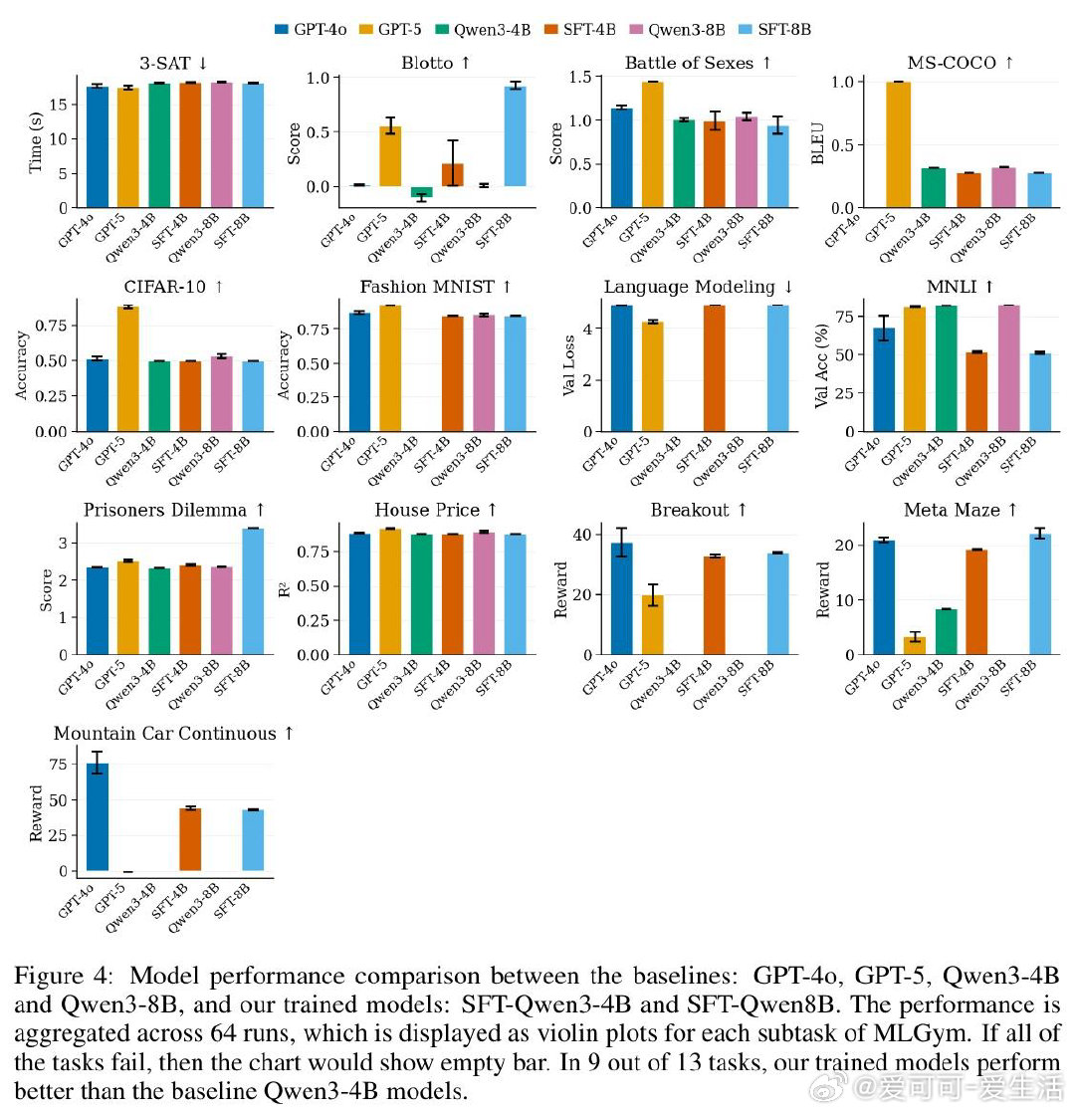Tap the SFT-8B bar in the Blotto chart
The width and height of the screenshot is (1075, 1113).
coord(515,135)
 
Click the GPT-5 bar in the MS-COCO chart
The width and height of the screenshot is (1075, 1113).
coord(899,144)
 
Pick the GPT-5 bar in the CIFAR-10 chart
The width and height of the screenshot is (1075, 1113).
coord(127,368)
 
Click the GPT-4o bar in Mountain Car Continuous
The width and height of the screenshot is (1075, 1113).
coord(97,816)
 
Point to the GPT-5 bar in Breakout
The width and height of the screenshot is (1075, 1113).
coord(652,624)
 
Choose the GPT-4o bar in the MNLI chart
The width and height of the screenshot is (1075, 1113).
coord(884,379)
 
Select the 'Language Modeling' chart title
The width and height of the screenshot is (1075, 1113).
coord(689,287)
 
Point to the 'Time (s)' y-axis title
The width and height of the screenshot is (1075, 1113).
coord(36,140)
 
